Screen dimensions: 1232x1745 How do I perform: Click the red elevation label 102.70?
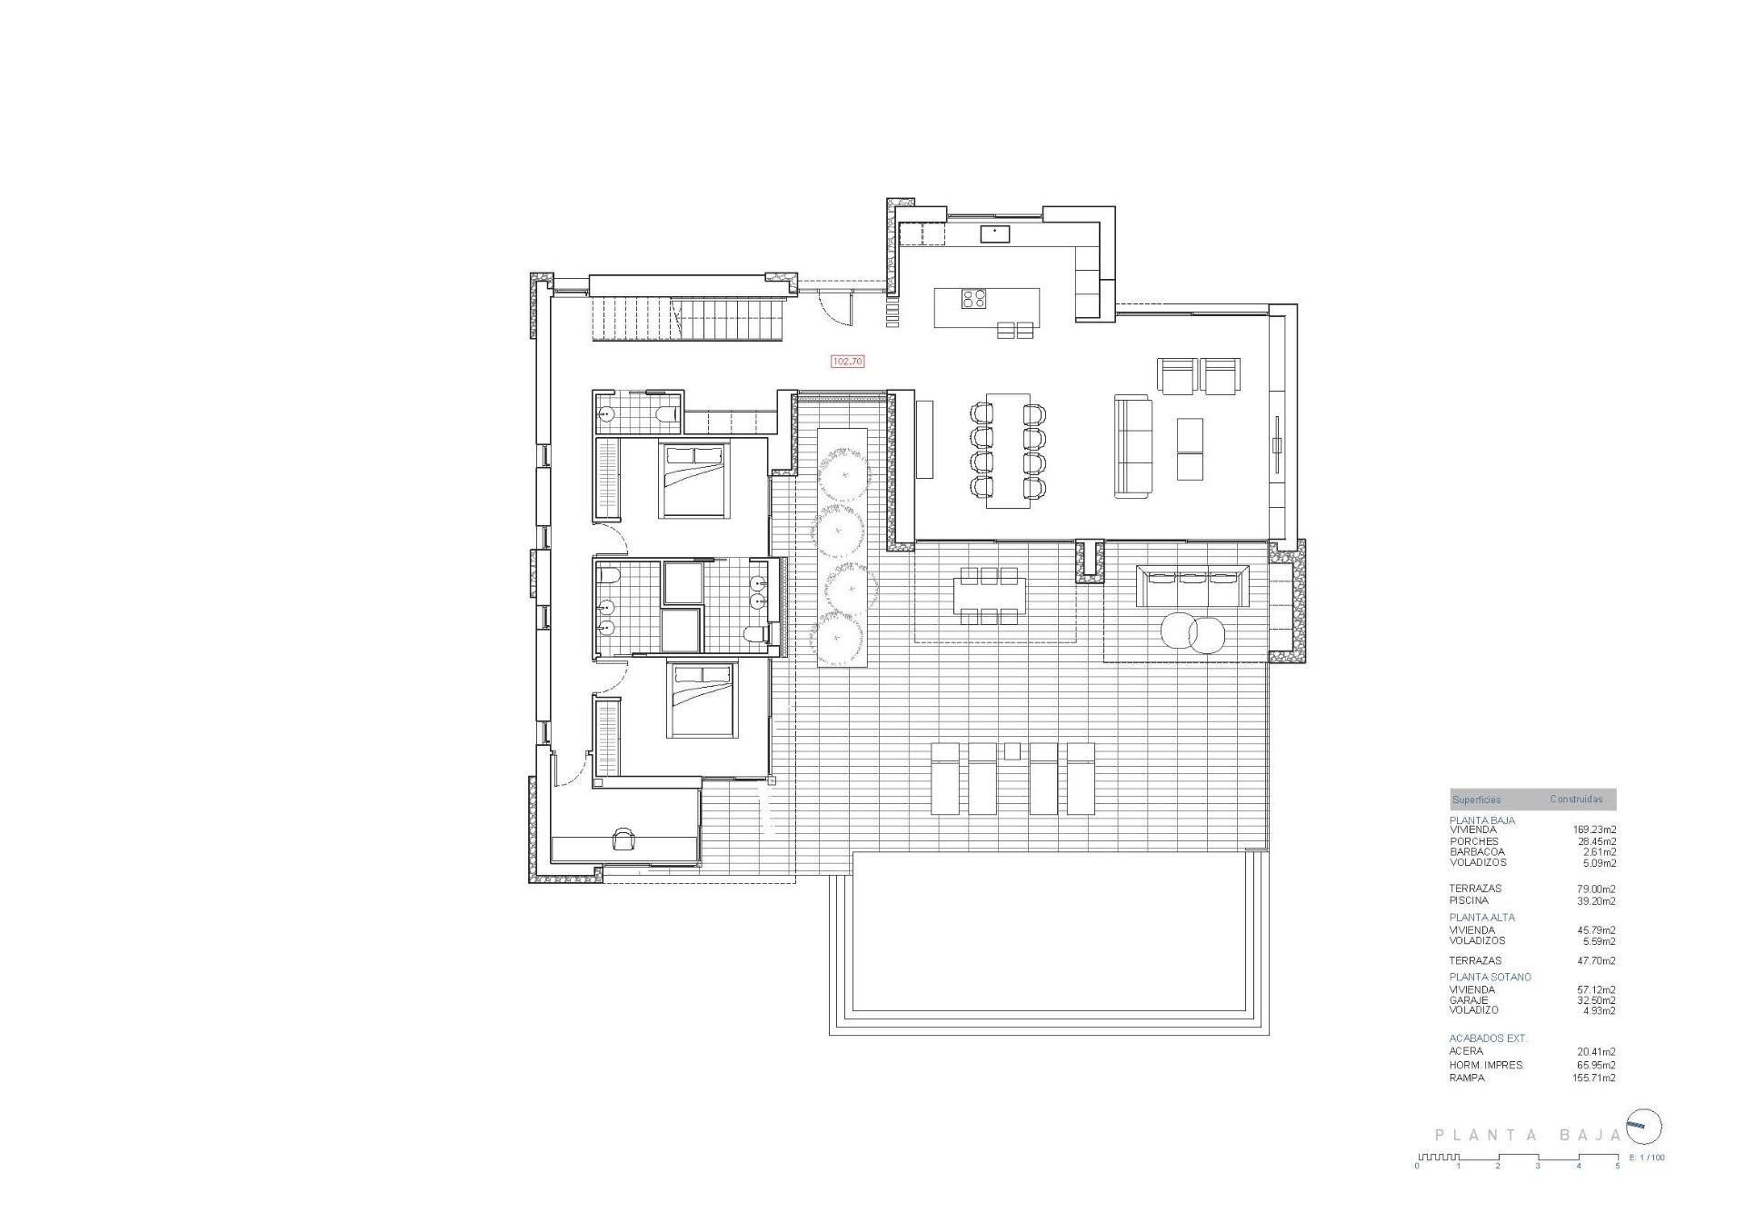tap(847, 362)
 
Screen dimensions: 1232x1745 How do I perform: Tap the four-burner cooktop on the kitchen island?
tap(974, 299)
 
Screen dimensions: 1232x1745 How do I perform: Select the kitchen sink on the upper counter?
tap(995, 234)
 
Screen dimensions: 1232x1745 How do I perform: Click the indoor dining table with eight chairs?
tap(1008, 451)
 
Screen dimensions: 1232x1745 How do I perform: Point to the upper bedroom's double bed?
tap(694, 480)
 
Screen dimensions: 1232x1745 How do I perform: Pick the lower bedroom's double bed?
tap(700, 699)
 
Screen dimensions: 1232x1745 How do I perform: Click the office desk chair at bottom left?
tap(623, 838)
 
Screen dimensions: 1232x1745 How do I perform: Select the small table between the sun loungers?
tap(1012, 751)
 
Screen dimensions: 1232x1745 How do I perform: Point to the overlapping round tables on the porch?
tap(1192, 632)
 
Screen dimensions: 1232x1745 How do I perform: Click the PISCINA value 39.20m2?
tap(1596, 901)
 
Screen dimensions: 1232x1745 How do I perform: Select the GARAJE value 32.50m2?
tap(1596, 1000)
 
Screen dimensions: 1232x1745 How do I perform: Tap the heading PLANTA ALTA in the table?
tap(1481, 918)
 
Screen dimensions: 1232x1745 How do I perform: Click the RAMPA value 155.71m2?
tap(1595, 1078)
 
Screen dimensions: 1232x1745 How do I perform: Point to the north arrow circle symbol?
tap(1644, 1128)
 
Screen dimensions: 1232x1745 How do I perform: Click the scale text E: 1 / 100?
tap(1646, 1157)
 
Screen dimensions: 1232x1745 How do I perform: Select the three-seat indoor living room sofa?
tap(1132, 446)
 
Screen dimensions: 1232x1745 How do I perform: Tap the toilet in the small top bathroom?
tap(669, 415)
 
